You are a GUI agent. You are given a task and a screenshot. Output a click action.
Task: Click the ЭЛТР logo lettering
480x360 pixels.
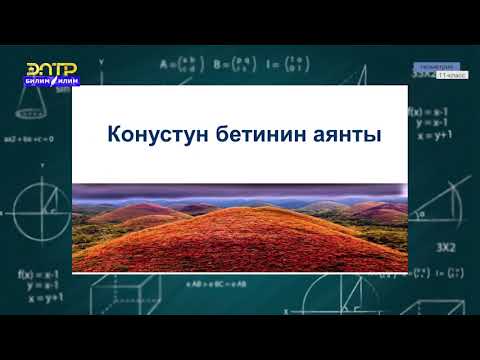point(52,68)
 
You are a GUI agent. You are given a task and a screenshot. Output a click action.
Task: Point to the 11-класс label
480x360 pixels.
point(437,75)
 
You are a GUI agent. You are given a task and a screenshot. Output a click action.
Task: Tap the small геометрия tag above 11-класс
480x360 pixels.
point(431,66)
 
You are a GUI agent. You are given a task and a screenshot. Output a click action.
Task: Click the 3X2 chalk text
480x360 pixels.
point(444,246)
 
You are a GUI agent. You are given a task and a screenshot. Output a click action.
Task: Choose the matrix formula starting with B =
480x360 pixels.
point(232,66)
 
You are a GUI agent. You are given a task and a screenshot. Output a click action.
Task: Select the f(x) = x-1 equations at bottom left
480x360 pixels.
point(40,284)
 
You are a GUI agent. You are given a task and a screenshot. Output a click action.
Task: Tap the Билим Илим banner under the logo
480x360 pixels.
point(52,82)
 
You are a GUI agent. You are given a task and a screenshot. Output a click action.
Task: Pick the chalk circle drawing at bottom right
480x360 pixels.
point(440,300)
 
